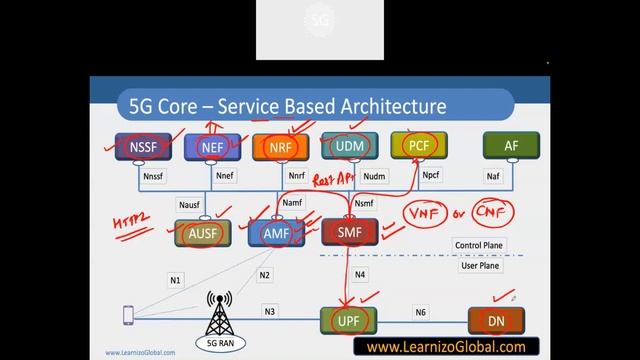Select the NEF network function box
click(x=212, y=148)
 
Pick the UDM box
click(x=346, y=148)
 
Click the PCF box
click(x=418, y=148)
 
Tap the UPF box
click(x=346, y=320)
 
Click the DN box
click(x=495, y=320)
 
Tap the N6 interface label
click(x=421, y=312)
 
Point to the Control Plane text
click(x=479, y=245)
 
